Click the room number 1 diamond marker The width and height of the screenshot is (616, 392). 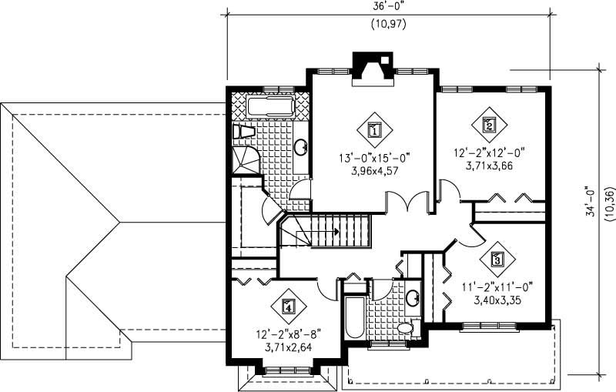pyautogui.click(x=373, y=129)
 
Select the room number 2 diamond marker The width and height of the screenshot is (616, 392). pyautogui.click(x=488, y=123)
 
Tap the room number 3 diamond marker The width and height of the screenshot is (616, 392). pyautogui.click(x=497, y=259)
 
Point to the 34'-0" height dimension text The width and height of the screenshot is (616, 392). pyautogui.click(x=591, y=202)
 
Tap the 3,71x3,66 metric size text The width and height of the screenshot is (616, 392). pyautogui.click(x=489, y=165)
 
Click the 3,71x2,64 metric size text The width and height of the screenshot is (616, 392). pyautogui.click(x=288, y=347)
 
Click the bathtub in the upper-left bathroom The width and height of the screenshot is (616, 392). pyautogui.click(x=269, y=106)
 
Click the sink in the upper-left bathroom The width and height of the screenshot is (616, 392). pyautogui.click(x=301, y=147)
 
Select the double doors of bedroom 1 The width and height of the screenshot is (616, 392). pyautogui.click(x=407, y=202)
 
